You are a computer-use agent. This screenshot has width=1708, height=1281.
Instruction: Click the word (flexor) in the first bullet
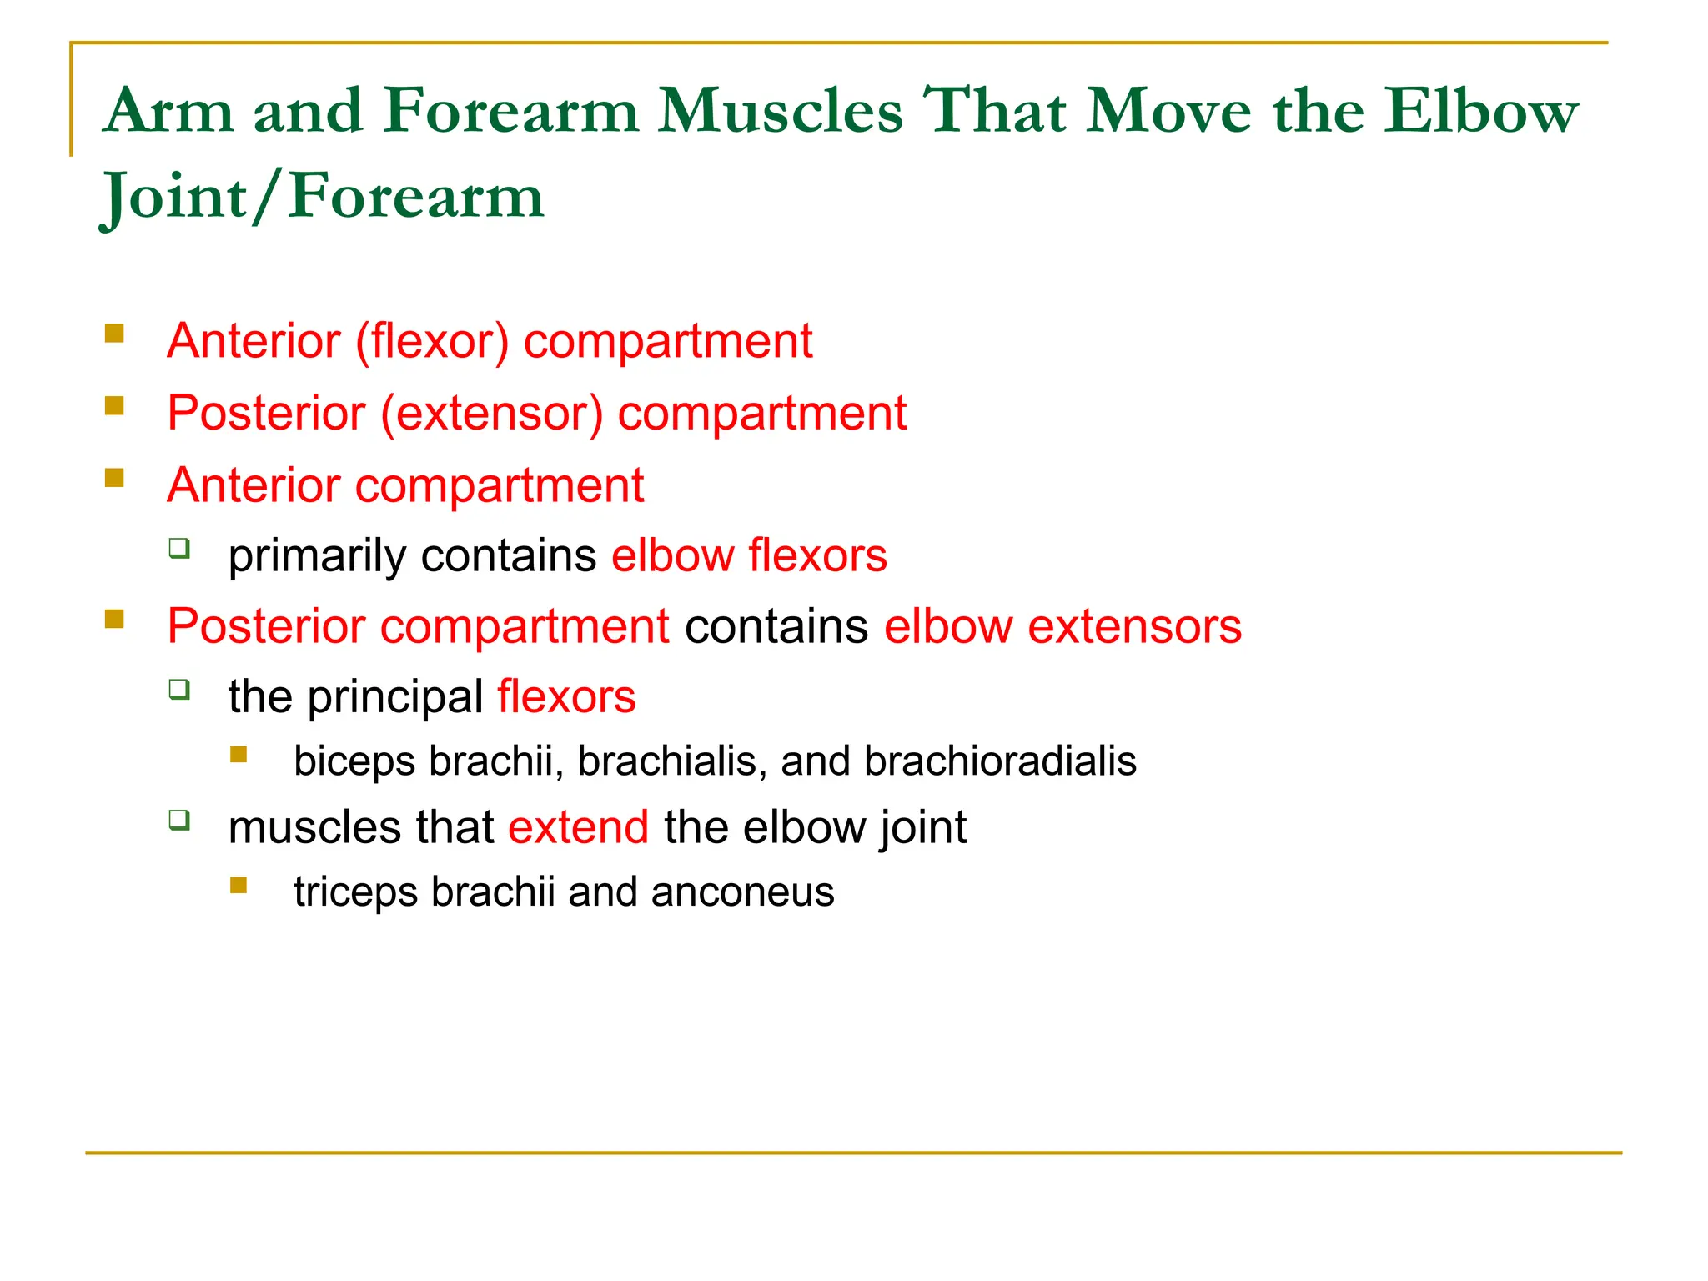point(432,341)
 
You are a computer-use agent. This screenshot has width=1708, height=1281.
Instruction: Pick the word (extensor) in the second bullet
point(491,413)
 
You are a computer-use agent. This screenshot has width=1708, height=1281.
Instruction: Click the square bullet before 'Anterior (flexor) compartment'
point(114,334)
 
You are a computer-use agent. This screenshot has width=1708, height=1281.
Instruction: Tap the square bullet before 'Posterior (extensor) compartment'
point(114,406)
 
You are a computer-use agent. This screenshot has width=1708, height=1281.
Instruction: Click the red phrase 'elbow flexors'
point(749,555)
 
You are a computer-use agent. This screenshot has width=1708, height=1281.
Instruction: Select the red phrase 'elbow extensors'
point(1062,626)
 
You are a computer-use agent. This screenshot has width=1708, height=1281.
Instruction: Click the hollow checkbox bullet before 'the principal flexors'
point(179,689)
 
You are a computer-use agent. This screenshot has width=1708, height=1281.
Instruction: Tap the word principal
point(395,697)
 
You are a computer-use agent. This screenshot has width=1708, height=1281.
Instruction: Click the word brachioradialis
point(1000,761)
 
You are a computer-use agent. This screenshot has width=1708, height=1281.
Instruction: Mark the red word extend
point(578,827)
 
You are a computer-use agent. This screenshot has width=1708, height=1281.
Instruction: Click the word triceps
point(355,892)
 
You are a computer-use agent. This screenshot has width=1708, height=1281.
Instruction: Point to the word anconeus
point(742,892)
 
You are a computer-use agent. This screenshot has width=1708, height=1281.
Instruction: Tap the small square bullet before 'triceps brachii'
point(239,886)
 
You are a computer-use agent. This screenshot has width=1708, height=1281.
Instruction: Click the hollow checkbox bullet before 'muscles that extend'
point(179,820)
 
